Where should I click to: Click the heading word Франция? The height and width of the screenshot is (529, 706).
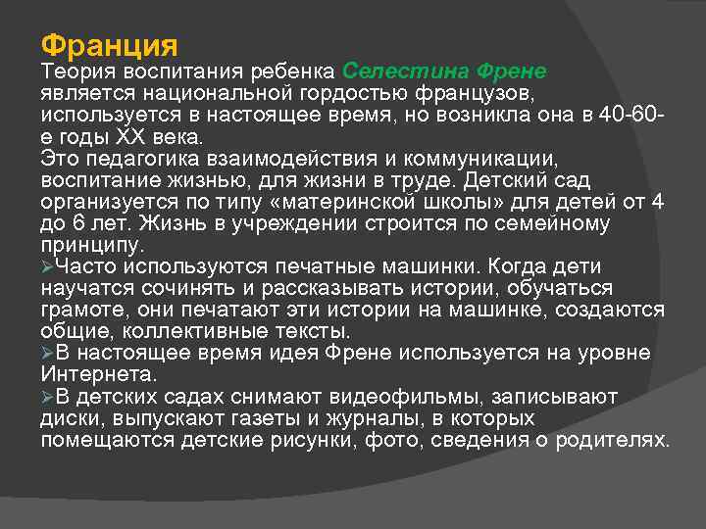(x=109, y=45)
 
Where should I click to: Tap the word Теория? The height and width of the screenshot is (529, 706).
(x=77, y=72)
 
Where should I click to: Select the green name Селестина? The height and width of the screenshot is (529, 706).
(x=404, y=72)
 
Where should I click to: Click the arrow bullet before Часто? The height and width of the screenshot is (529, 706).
(x=48, y=267)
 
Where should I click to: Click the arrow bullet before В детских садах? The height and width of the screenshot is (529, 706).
(x=48, y=397)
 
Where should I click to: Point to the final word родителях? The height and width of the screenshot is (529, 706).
(x=611, y=440)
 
